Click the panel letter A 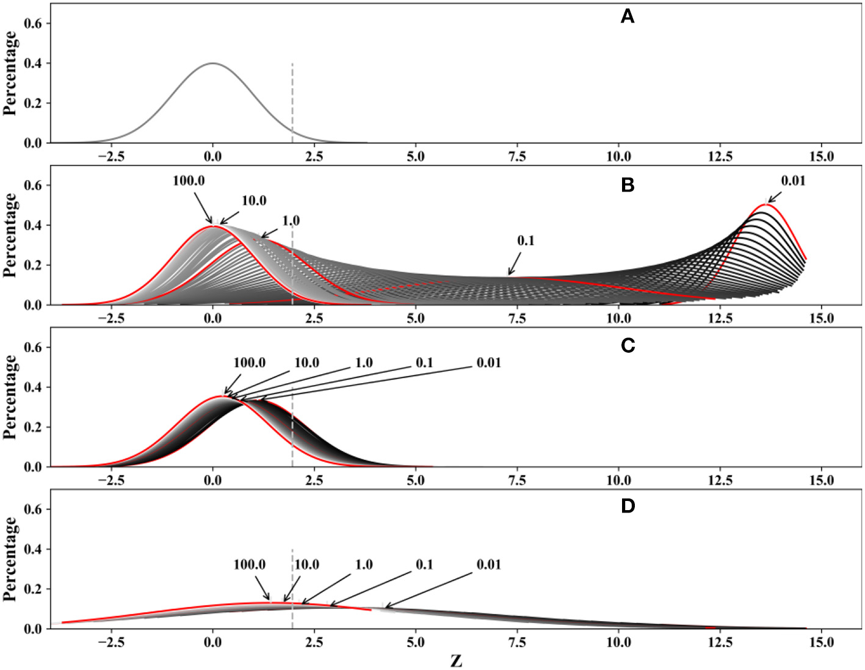coord(627,17)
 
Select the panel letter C coord(628,346)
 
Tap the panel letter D coord(628,506)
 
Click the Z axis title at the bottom coord(456,661)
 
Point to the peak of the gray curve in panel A coord(213,63)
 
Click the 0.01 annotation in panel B coord(792,181)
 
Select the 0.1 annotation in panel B coord(526,241)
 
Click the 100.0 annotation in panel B coord(189,181)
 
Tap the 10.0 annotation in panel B coord(254,201)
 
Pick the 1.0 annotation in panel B coord(291,221)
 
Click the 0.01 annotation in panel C coord(488,363)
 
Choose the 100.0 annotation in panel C coord(249,363)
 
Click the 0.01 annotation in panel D coord(488,565)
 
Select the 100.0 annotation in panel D coord(249,565)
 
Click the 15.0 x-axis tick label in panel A coord(821,157)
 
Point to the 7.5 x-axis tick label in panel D coord(516,643)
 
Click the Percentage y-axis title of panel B coord(10,235)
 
